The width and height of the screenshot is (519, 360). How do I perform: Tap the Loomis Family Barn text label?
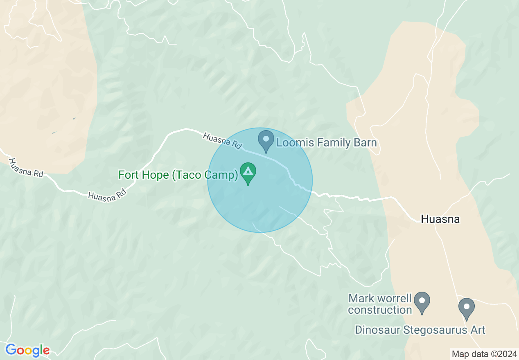click(x=326, y=143)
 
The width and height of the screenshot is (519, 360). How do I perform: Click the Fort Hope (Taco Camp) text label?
click(x=178, y=175)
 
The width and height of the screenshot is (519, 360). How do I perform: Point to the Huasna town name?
click(x=440, y=219)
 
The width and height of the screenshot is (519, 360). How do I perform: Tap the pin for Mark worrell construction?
click(x=422, y=301)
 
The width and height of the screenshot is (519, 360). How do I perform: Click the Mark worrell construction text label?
click(x=380, y=304)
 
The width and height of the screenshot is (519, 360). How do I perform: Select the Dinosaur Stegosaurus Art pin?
click(x=466, y=308)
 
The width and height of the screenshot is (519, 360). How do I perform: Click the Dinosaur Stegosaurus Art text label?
click(x=420, y=330)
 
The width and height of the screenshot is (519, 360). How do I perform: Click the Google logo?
click(x=27, y=350)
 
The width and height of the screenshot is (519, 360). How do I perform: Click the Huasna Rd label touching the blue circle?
click(x=223, y=140)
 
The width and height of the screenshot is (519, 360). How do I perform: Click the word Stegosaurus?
click(x=436, y=330)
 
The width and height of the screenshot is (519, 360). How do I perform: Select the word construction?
click(x=380, y=310)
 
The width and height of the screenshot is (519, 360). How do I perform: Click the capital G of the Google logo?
click(x=11, y=350)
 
